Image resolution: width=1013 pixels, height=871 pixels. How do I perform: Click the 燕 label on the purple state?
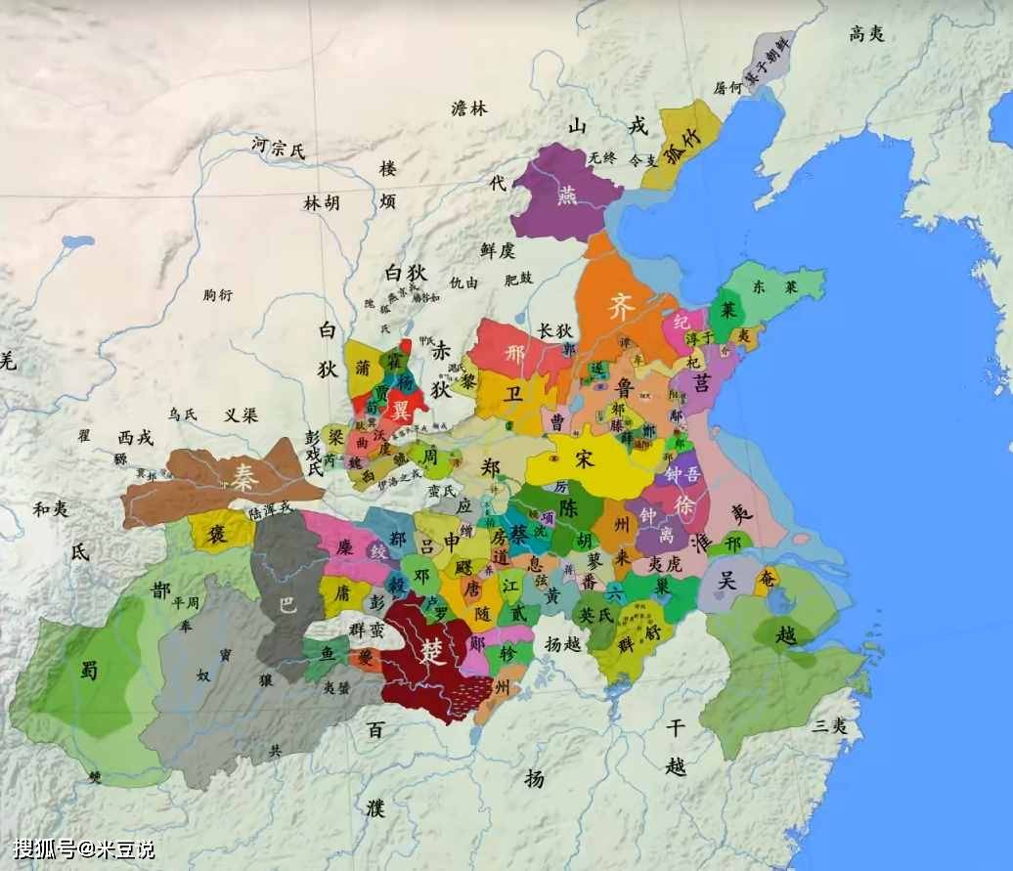coord(567,195)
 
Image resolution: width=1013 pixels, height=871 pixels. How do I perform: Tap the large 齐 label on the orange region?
coord(622,306)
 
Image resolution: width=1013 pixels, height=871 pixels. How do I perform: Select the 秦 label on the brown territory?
coord(244,476)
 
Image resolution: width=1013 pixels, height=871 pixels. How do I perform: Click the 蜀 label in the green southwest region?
coord(89,669)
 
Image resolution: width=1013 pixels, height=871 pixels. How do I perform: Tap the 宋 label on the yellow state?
coord(584,459)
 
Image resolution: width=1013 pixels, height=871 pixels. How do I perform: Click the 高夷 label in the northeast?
coord(866,33)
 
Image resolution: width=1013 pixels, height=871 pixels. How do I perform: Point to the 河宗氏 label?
coord(279,149)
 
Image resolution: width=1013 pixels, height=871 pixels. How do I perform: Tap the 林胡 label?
coord(322,202)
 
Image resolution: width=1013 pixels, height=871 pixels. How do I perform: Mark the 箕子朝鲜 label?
coord(768,62)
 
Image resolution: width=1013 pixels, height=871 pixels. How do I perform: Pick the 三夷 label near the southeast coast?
coord(829,724)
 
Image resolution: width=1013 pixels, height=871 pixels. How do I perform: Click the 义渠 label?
coord(241,414)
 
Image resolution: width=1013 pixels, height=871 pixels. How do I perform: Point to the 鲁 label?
coord(625,388)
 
